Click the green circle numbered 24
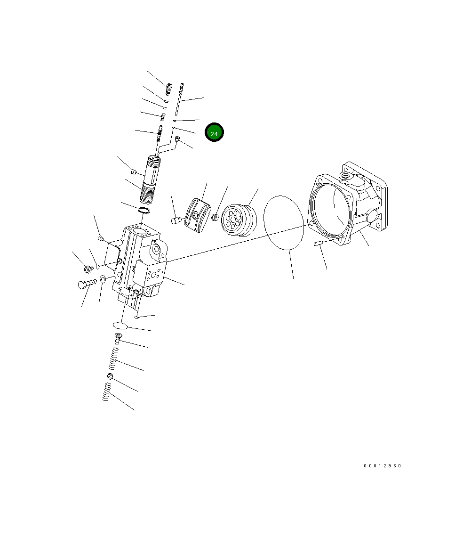tap(214, 133)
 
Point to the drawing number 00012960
tap(382, 466)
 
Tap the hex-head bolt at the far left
tap(86, 284)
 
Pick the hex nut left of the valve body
tap(88, 269)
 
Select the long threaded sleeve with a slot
tap(152, 179)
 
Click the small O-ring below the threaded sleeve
tap(144, 209)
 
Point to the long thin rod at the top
tap(179, 99)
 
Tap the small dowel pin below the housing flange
tap(318, 244)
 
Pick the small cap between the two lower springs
tap(110, 376)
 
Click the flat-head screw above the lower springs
tap(118, 337)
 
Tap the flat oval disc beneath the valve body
tap(120, 325)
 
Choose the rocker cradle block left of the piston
tap(197, 215)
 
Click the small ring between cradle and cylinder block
tap(215, 217)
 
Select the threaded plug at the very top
tap(169, 88)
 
